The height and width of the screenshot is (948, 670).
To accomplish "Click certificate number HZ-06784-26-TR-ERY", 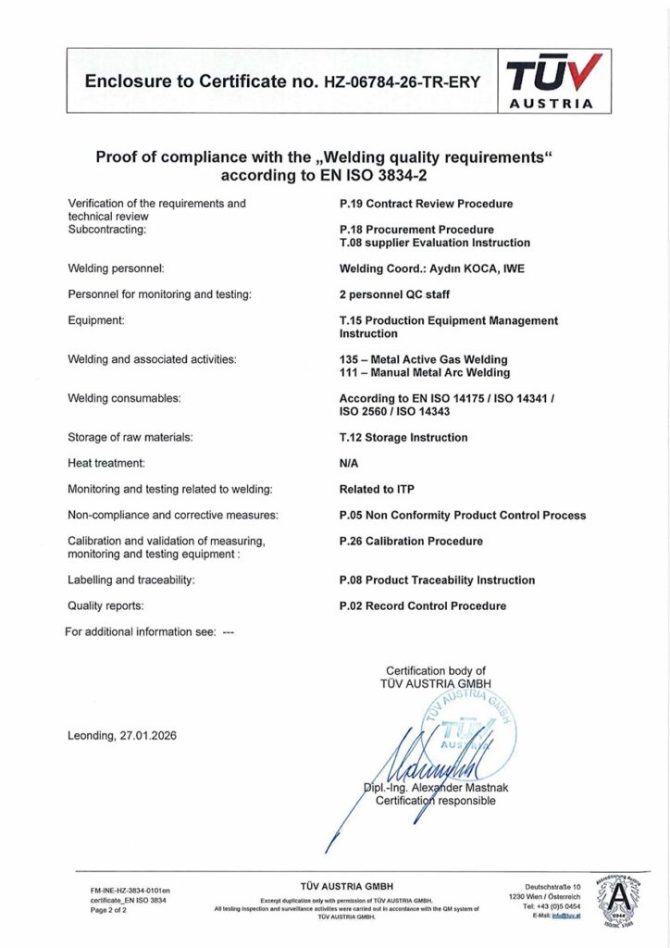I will coord(402,81).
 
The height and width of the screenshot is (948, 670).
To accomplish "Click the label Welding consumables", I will coord(124,398).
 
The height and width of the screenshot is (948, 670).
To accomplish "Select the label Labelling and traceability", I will coord(130,580).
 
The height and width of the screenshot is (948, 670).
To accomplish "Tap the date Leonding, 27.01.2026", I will coord(122,736).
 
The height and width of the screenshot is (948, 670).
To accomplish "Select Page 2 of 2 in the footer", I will coord(108,911).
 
